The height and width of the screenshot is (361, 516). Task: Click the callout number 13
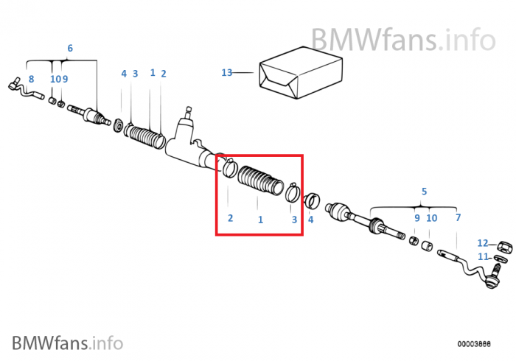point(226,72)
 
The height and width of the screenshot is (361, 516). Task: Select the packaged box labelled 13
point(300,71)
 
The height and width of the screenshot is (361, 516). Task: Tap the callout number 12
point(482,243)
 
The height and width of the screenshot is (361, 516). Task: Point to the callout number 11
point(483,257)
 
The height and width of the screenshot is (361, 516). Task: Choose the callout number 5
point(424,192)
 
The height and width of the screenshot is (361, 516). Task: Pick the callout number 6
point(70,49)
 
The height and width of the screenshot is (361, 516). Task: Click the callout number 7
point(458,218)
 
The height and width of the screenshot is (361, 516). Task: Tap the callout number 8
point(31,79)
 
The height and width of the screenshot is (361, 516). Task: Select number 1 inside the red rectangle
point(259,220)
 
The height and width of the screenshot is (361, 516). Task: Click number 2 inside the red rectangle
point(230,218)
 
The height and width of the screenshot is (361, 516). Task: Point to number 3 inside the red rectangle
point(293,220)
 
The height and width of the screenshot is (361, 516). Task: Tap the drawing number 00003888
point(474,343)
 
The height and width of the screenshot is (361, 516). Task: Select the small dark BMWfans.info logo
point(67,343)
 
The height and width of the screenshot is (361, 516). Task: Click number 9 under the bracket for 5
point(416,218)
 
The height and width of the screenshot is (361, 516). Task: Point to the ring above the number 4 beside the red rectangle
point(311,200)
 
